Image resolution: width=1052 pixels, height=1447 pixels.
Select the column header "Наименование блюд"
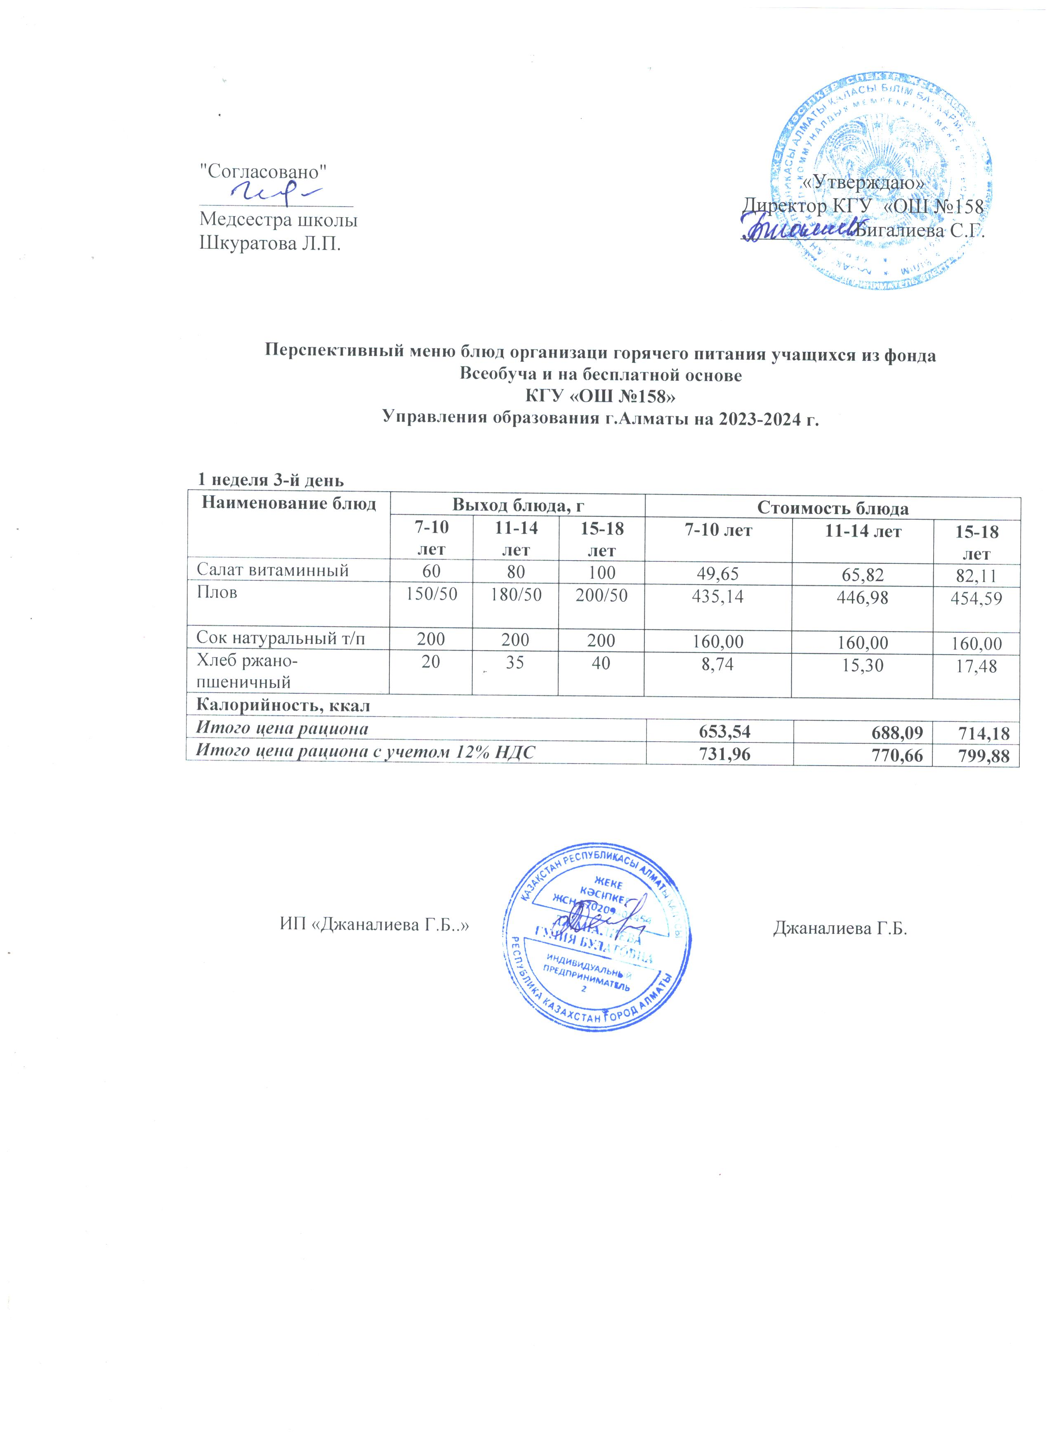(288, 503)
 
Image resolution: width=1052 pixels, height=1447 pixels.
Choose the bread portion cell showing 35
(515, 662)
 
